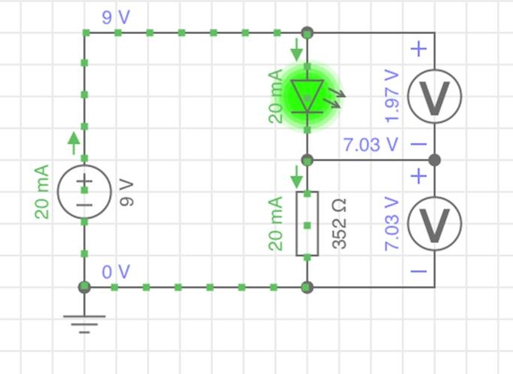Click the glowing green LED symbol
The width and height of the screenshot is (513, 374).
click(x=307, y=96)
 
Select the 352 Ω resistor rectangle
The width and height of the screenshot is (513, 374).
click(x=307, y=223)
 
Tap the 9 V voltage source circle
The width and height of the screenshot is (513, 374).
click(x=84, y=193)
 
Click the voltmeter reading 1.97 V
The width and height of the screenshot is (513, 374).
click(x=434, y=96)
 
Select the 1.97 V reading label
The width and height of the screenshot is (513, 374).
click(x=391, y=96)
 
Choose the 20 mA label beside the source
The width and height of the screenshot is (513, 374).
click(x=42, y=192)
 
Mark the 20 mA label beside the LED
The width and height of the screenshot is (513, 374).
click(x=275, y=96)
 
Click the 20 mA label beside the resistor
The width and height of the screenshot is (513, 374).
click(x=275, y=223)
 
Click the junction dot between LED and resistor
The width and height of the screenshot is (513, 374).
click(x=307, y=160)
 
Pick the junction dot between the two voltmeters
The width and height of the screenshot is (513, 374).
click(x=434, y=160)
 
